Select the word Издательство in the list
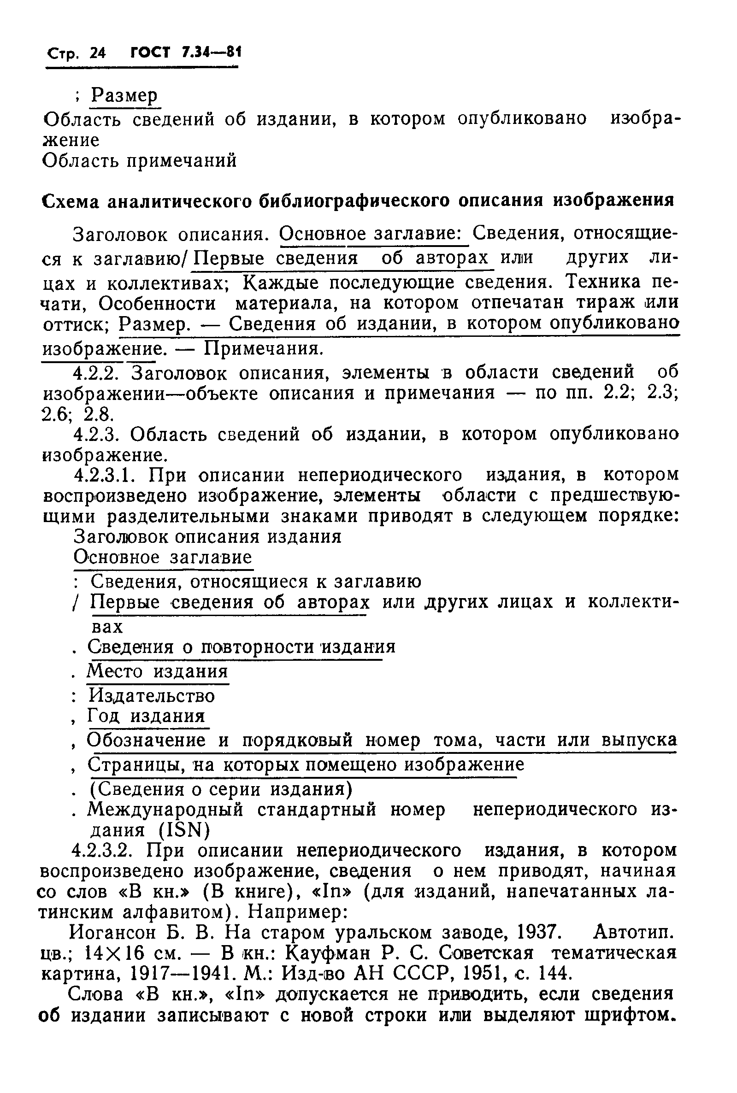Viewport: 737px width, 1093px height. pyautogui.click(x=151, y=695)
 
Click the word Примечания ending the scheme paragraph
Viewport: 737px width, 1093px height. pyautogui.click(x=263, y=348)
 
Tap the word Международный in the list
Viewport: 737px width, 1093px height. pyautogui.click(x=166, y=810)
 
